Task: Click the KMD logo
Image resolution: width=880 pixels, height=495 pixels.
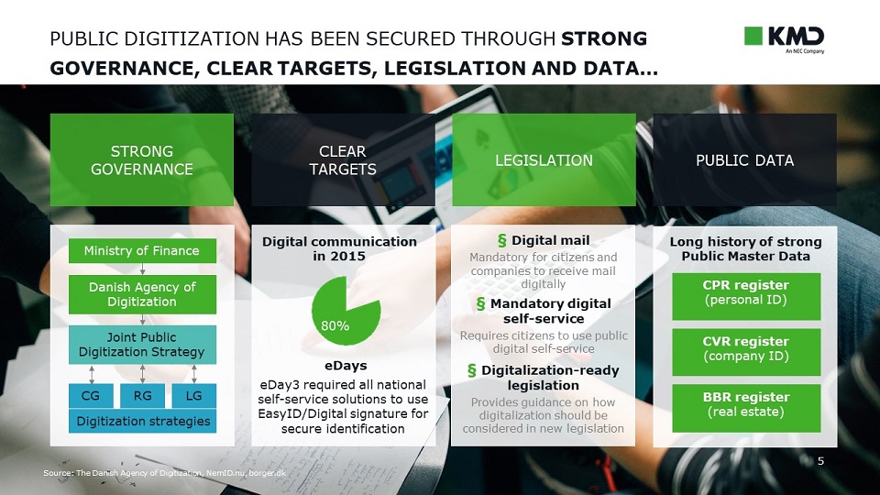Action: [x=784, y=38]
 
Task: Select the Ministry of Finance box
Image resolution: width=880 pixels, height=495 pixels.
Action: [x=142, y=250]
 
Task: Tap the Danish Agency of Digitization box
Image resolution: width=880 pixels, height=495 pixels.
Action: [x=142, y=294]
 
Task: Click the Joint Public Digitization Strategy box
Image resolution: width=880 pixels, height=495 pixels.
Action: [x=142, y=345]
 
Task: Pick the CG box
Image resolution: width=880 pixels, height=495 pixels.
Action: [x=91, y=396]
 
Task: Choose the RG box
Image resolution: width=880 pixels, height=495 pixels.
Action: [x=143, y=396]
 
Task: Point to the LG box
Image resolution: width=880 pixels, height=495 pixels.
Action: [x=193, y=396]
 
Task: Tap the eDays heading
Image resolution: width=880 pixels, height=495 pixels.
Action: [x=346, y=366]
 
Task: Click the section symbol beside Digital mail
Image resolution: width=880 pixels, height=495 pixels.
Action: [x=502, y=241]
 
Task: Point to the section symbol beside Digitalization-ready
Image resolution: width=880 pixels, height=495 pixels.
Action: [x=472, y=370]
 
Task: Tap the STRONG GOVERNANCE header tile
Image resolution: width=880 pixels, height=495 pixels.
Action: [x=142, y=159]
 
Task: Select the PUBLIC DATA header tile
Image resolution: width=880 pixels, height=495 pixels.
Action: [x=744, y=159]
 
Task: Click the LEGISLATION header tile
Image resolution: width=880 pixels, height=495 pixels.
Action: [x=544, y=159]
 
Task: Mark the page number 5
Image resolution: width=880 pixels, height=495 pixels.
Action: [x=820, y=461]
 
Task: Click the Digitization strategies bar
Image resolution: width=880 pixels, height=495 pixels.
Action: [x=143, y=421]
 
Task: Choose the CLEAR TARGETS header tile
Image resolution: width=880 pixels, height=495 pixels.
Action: [x=343, y=159]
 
